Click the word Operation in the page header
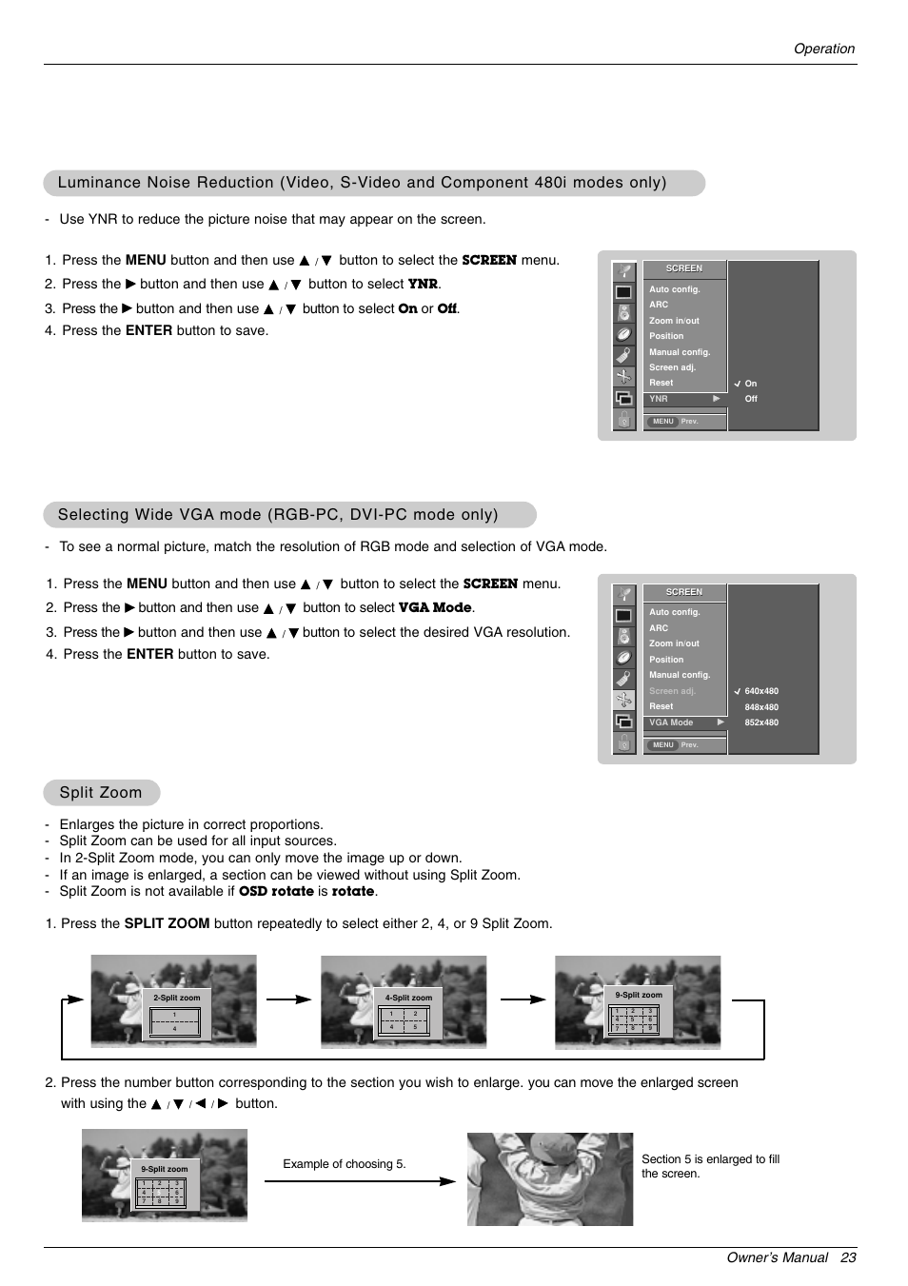[x=823, y=49]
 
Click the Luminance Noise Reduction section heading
[x=362, y=183]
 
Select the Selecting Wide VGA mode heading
[x=278, y=515]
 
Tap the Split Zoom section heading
[x=100, y=793]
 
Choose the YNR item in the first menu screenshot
[x=659, y=399]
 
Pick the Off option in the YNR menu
[x=751, y=399]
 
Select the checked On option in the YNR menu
[x=750, y=384]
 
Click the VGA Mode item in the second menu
[x=671, y=722]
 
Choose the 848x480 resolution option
[x=760, y=707]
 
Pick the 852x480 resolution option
[x=760, y=722]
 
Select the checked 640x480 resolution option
[x=760, y=691]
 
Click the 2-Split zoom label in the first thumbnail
[x=176, y=998]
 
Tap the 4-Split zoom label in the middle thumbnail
[x=408, y=998]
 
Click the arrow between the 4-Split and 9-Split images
[x=523, y=999]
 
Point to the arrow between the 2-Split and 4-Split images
[x=288, y=999]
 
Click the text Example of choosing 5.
[x=344, y=1164]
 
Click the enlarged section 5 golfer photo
[x=549, y=1178]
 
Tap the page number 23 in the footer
[x=848, y=1257]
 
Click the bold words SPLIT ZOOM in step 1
[x=167, y=923]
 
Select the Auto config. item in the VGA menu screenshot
[x=674, y=612]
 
